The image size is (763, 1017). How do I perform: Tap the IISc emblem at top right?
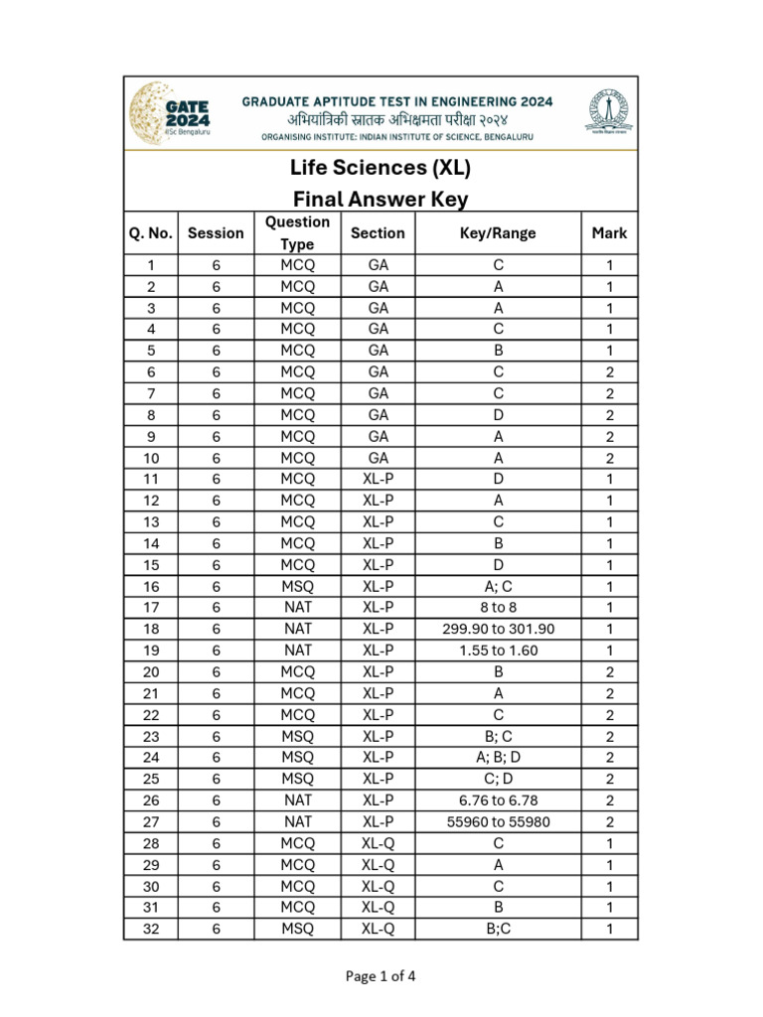603,111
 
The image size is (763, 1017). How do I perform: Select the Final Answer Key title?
381,199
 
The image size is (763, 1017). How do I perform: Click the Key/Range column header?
498,233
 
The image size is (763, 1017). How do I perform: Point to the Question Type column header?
297,233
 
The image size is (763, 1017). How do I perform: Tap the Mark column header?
609,233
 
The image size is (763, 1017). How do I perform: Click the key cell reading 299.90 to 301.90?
498,629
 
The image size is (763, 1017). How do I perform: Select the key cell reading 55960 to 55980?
498,821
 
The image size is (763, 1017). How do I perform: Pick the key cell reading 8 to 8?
498,607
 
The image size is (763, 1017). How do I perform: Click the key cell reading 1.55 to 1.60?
498,650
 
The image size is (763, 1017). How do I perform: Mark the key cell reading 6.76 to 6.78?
498,800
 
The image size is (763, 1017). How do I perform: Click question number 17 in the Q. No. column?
151,607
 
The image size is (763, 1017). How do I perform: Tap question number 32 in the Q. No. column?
151,929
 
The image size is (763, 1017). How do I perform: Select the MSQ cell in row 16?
297,586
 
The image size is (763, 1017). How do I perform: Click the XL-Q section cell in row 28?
378,843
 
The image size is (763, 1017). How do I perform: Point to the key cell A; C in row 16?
498,586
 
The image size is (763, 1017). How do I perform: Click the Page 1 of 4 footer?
381,975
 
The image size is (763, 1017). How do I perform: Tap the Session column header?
216,233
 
